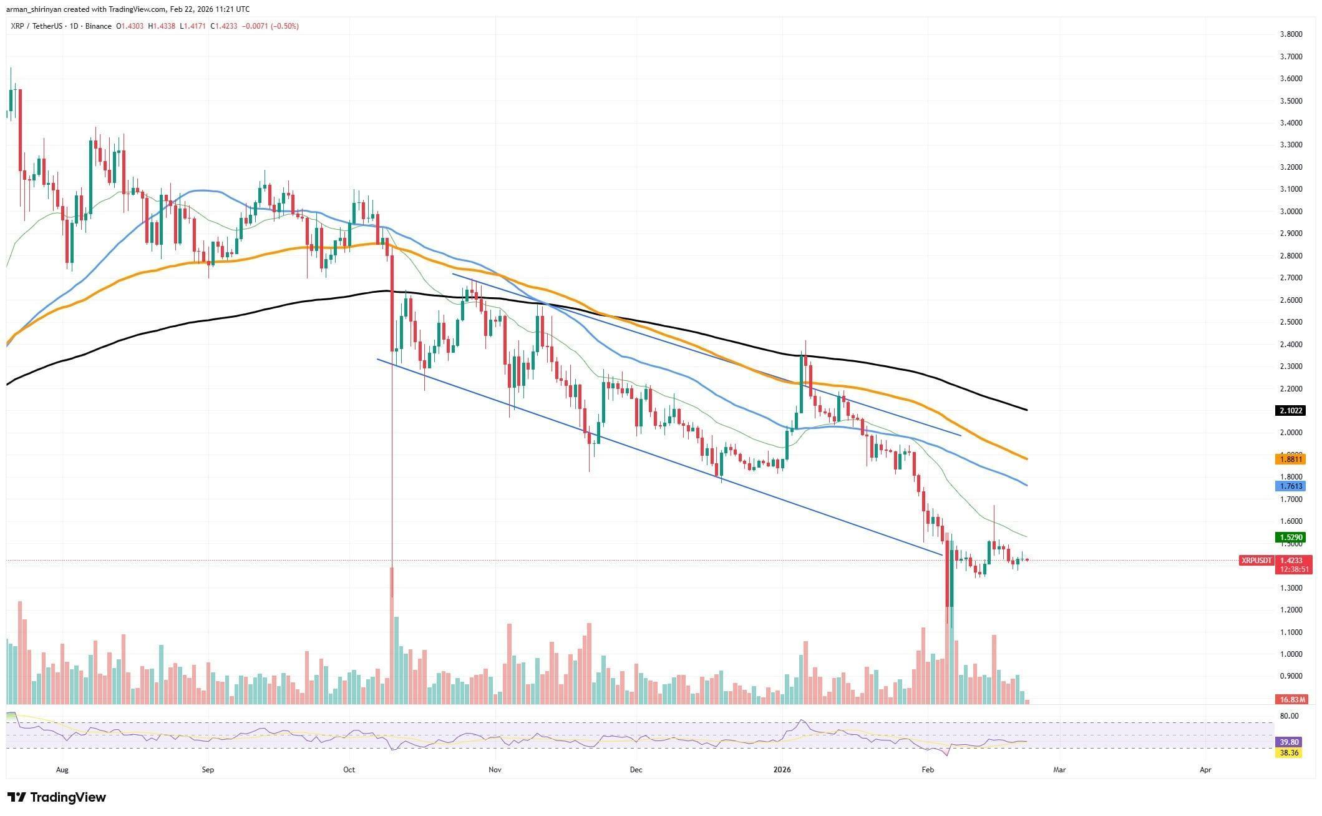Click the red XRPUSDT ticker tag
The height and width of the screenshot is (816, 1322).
pyautogui.click(x=1256, y=561)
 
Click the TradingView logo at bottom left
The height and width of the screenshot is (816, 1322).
pyautogui.click(x=57, y=797)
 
